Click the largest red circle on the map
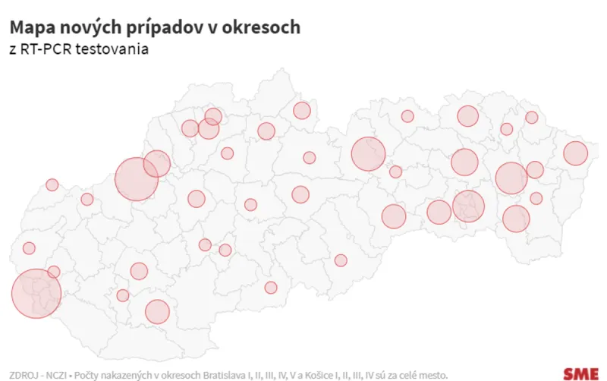[36, 293]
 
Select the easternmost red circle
[575, 153]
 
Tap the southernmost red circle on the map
[157, 311]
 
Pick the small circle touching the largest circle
[54, 272]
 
